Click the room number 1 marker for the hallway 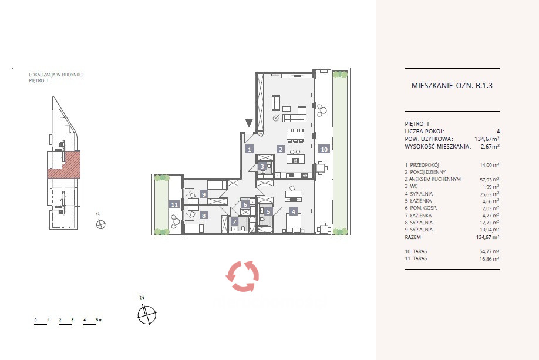[x=250, y=149]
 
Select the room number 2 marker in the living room [x=281, y=149]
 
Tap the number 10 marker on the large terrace [x=324, y=149]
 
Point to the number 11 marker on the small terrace [x=174, y=204]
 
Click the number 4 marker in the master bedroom [x=293, y=211]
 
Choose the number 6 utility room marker [x=245, y=204]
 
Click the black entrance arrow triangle [x=249, y=123]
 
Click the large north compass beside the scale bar [x=147, y=314]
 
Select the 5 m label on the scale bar [x=99, y=320]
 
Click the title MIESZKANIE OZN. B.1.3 [x=452, y=86]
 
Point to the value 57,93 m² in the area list [x=490, y=180]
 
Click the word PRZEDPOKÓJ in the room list [x=425, y=165]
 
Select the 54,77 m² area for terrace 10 [x=490, y=251]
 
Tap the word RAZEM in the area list [x=413, y=237]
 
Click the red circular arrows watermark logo [x=242, y=276]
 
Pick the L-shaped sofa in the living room [x=295, y=114]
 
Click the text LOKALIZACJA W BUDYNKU [x=56, y=74]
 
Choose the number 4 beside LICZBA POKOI [x=498, y=132]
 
